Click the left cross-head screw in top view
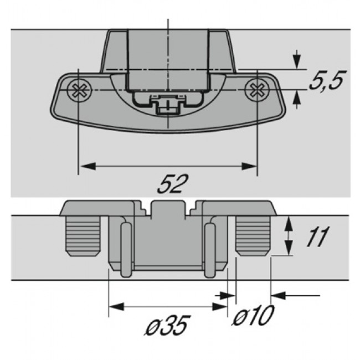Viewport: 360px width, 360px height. [x=79, y=90]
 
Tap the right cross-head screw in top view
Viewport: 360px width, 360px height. [x=257, y=90]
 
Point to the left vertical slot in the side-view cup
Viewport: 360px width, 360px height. [x=125, y=249]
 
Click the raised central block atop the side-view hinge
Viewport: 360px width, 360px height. [x=168, y=210]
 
